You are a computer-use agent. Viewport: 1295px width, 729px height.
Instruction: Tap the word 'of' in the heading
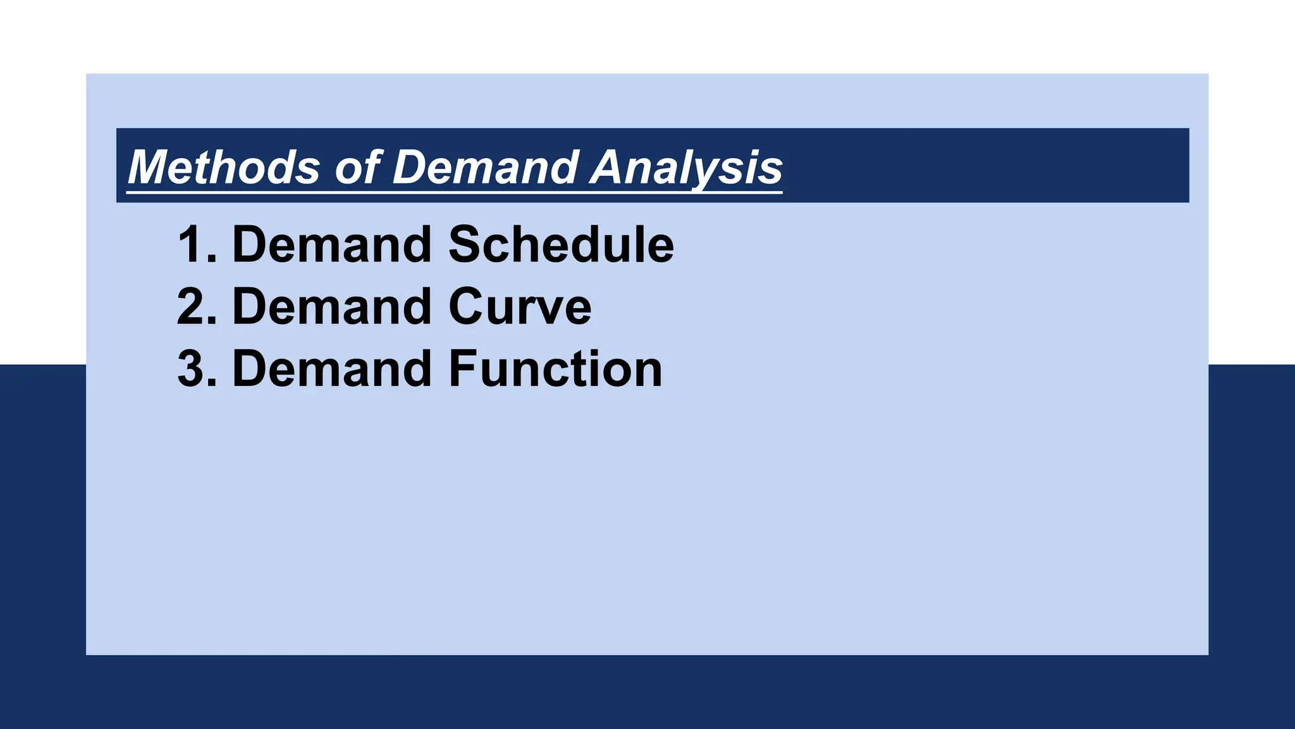click(x=358, y=167)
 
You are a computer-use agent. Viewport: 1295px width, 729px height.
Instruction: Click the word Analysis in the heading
click(x=687, y=167)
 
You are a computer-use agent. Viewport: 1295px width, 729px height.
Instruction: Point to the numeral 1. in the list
click(x=196, y=244)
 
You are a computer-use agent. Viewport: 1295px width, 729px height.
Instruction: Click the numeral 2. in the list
click(x=196, y=306)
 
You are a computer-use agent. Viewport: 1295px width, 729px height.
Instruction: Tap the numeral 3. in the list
click(x=196, y=368)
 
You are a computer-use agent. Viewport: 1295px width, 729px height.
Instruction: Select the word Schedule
click(x=561, y=244)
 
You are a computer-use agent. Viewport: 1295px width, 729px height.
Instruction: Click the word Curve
click(x=520, y=306)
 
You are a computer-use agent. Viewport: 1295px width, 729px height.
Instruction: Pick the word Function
click(x=555, y=368)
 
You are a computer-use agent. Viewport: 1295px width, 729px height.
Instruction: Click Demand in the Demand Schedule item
click(x=332, y=244)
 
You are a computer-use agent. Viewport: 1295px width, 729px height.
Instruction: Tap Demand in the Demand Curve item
click(x=332, y=306)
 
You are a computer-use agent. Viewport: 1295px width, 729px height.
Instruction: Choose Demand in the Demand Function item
click(x=332, y=368)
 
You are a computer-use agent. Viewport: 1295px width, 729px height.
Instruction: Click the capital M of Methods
click(x=150, y=167)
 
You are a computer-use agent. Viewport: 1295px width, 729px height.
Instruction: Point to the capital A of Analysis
click(x=609, y=167)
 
